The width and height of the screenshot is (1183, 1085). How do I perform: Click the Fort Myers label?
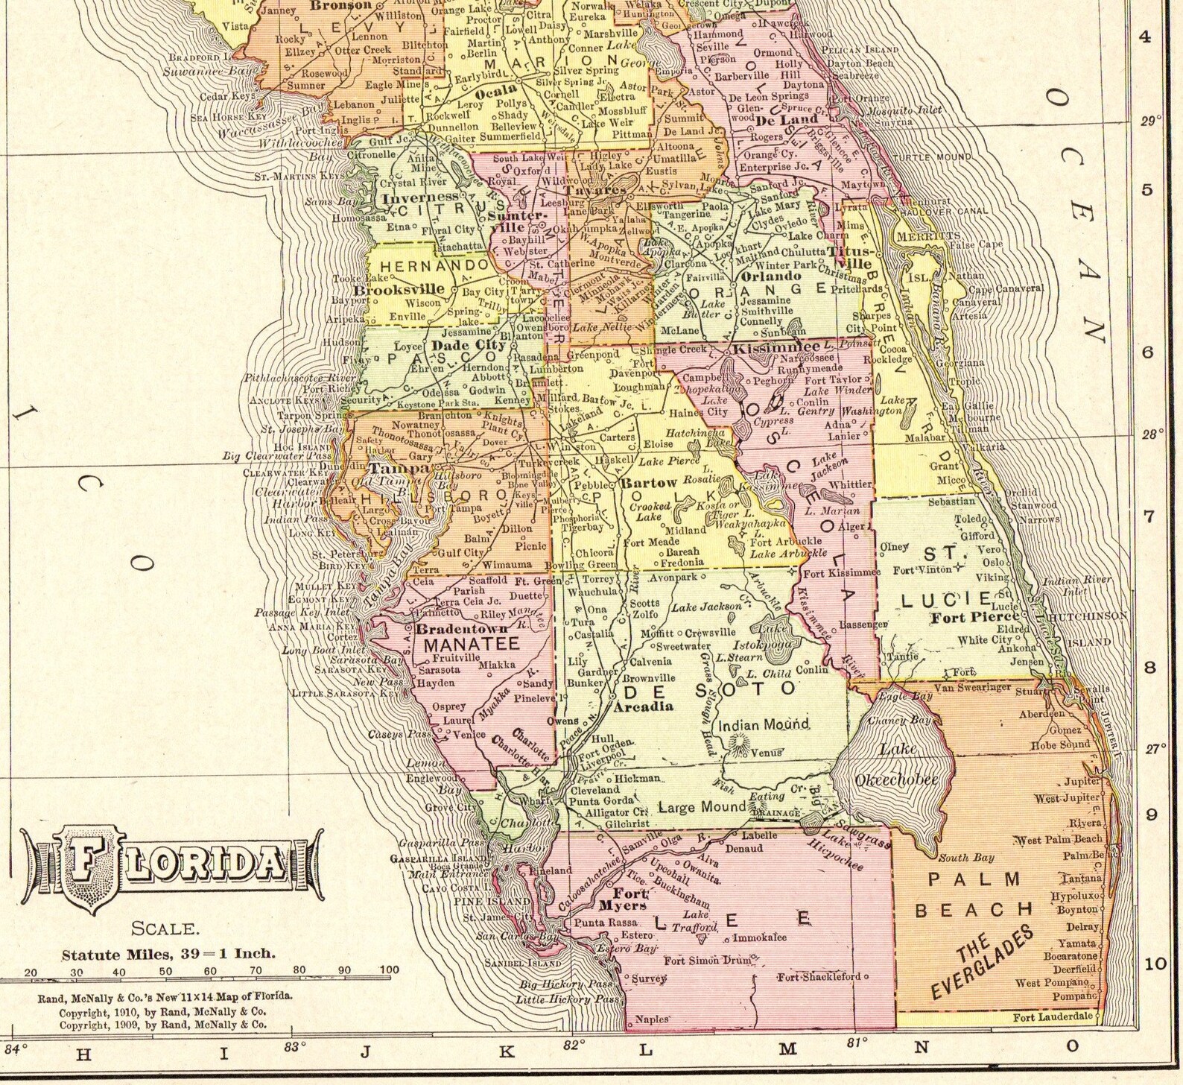pos(624,899)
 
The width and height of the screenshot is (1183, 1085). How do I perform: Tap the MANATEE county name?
pos(472,645)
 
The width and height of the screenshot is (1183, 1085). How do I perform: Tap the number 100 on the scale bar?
pos(389,970)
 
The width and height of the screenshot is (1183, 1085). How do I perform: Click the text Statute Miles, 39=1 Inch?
pos(168,953)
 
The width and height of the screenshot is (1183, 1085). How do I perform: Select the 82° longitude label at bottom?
pos(572,1045)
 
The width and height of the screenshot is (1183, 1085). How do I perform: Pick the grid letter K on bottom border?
pos(506,1051)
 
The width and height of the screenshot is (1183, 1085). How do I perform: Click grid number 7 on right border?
pos(1148,516)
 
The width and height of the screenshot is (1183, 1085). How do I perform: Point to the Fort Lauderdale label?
pos(1053,1016)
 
